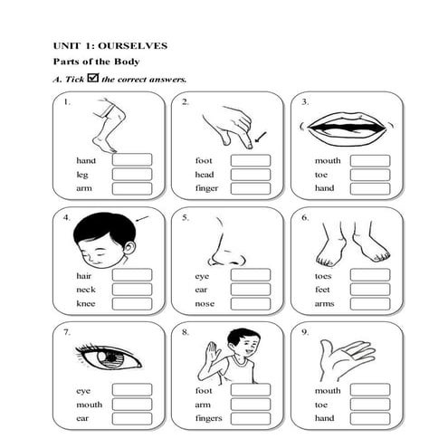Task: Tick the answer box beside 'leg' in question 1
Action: pos(132,175)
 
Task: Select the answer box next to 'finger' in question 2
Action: pos(251,189)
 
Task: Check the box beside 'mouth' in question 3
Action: pos(369,160)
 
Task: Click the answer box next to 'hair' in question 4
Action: pos(132,275)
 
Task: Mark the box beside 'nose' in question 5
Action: pos(251,304)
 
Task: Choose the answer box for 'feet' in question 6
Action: pos(369,290)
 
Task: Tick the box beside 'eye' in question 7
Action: pos(132,391)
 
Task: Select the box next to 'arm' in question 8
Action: pos(251,405)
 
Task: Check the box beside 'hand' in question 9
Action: pos(369,420)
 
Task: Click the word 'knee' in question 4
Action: pos(86,304)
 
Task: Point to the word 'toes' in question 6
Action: pos(323,275)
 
